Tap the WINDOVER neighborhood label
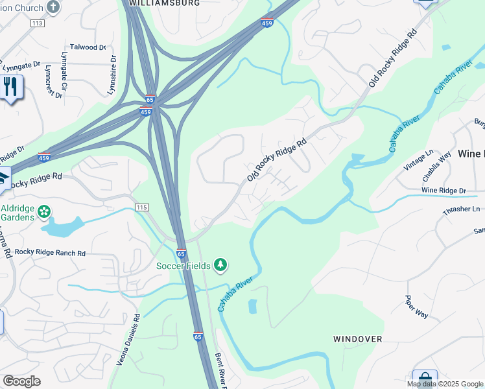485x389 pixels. pyautogui.click(x=357, y=339)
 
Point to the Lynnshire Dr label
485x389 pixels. pyautogui.click(x=113, y=75)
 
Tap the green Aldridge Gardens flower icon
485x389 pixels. pyautogui.click(x=44, y=211)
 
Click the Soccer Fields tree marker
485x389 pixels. pyautogui.click(x=220, y=265)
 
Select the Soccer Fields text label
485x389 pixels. pyautogui.click(x=183, y=266)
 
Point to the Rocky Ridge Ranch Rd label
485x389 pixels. pyautogui.click(x=50, y=253)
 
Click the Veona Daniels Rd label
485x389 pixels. pyautogui.click(x=128, y=340)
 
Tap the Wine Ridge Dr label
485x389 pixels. pyautogui.click(x=444, y=191)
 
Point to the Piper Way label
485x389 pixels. pyautogui.click(x=416, y=306)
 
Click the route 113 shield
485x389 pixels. pyautogui.click(x=37, y=23)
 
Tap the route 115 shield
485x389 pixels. pyautogui.click(x=142, y=207)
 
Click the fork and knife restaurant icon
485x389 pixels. pyautogui.click(x=10, y=86)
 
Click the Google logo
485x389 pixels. pyautogui.click(x=21, y=381)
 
